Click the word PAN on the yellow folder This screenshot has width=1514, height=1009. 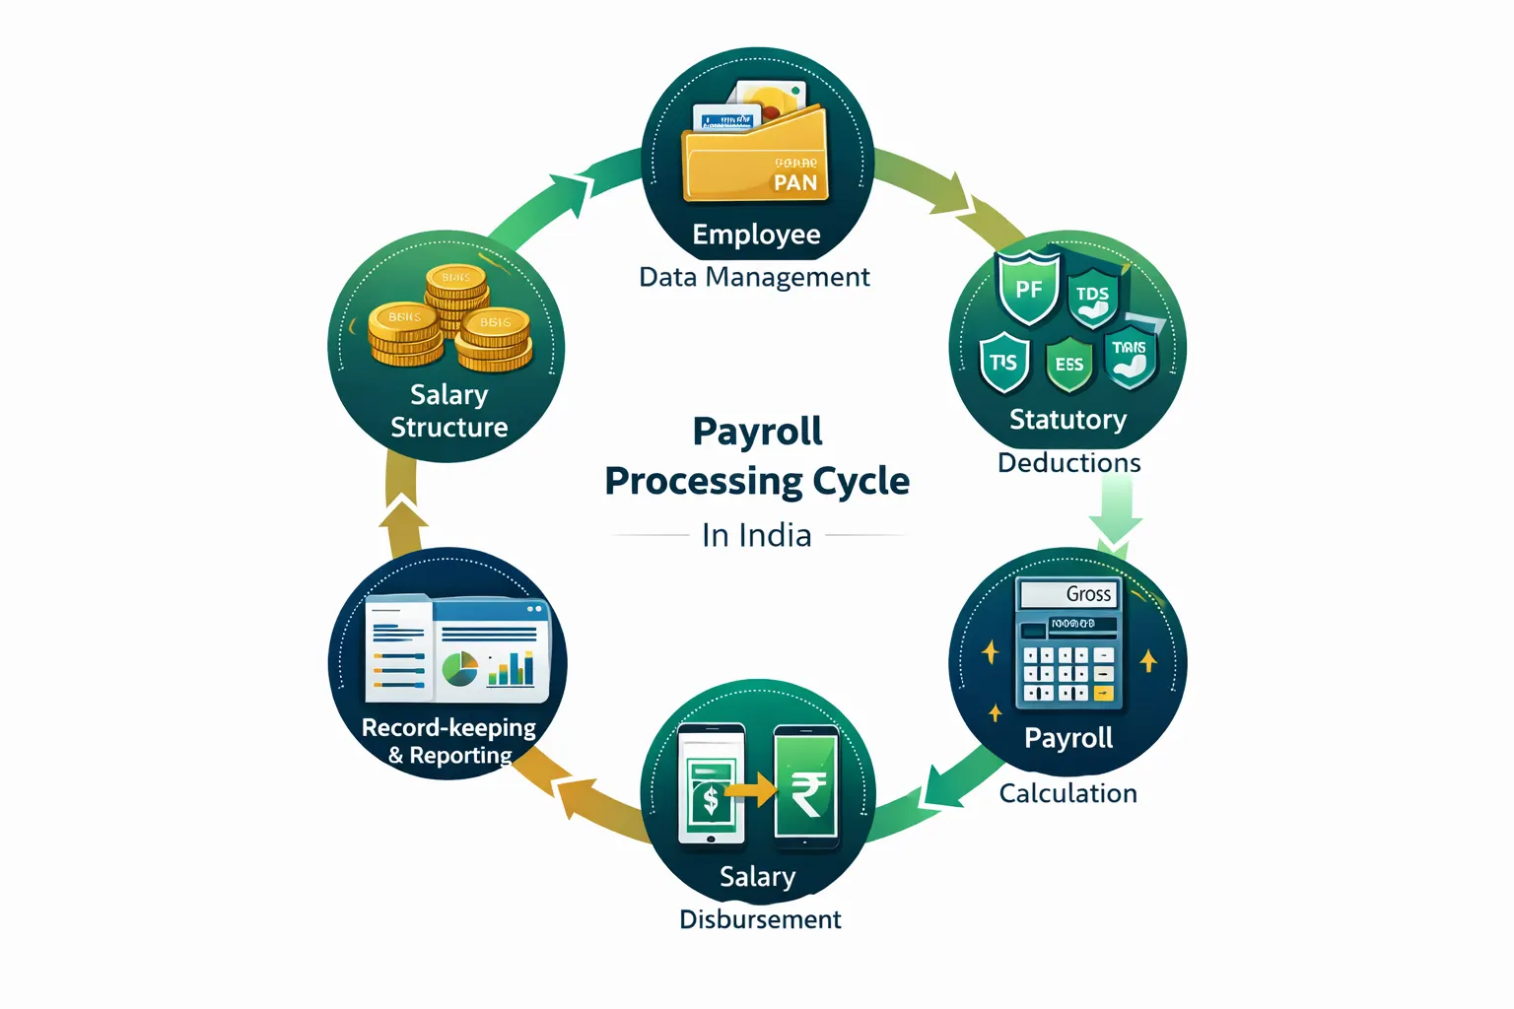pos(794,182)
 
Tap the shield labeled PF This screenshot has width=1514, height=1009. pos(1028,290)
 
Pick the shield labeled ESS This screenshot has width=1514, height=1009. pos(1068,364)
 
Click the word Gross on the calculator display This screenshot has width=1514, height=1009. pos(1088,594)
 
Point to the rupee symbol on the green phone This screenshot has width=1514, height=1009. pos(807,793)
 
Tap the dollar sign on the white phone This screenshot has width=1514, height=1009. pos(711,799)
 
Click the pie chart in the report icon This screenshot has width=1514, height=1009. pos(459,669)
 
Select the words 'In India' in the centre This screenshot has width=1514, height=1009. pos(757,535)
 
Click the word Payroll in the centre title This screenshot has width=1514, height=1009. pos(757,432)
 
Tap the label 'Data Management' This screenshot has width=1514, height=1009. pos(754,277)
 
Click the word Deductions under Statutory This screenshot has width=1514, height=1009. pos(1068,462)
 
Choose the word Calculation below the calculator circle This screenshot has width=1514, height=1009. pos(1067,793)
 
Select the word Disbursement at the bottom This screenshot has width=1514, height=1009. pos(760,919)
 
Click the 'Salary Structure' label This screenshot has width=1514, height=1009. pos(449,411)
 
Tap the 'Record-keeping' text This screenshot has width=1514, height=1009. pos(448,728)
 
